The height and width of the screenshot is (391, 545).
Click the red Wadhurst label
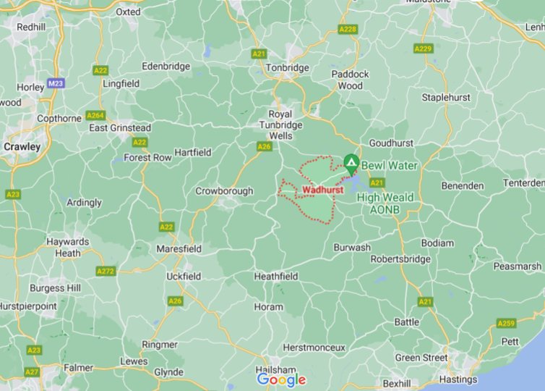coord(323,190)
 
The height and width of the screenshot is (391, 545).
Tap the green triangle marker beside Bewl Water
coord(351,161)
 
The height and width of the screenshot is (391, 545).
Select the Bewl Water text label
coord(390,166)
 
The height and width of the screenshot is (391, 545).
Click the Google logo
coord(281,379)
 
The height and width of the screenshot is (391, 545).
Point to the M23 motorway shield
coord(56,83)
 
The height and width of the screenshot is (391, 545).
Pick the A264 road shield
coord(95,115)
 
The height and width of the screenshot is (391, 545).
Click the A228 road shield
coord(348,30)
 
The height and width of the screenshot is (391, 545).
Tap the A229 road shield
coord(423,49)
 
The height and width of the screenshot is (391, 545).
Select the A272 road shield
coord(106,271)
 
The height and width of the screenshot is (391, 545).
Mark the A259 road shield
coord(506,323)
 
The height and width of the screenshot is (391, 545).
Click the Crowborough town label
coord(224,191)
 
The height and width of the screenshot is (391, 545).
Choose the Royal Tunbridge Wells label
coord(280,125)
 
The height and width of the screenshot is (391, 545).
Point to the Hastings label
coord(458,379)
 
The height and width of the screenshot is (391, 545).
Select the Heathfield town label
coord(276,277)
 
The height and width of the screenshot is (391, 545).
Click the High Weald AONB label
coord(385,203)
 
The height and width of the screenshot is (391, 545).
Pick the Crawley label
coord(22,146)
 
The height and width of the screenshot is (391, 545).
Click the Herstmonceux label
coord(314,348)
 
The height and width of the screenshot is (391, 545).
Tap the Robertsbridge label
coord(400,259)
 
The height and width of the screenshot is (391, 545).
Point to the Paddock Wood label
coord(351,80)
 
